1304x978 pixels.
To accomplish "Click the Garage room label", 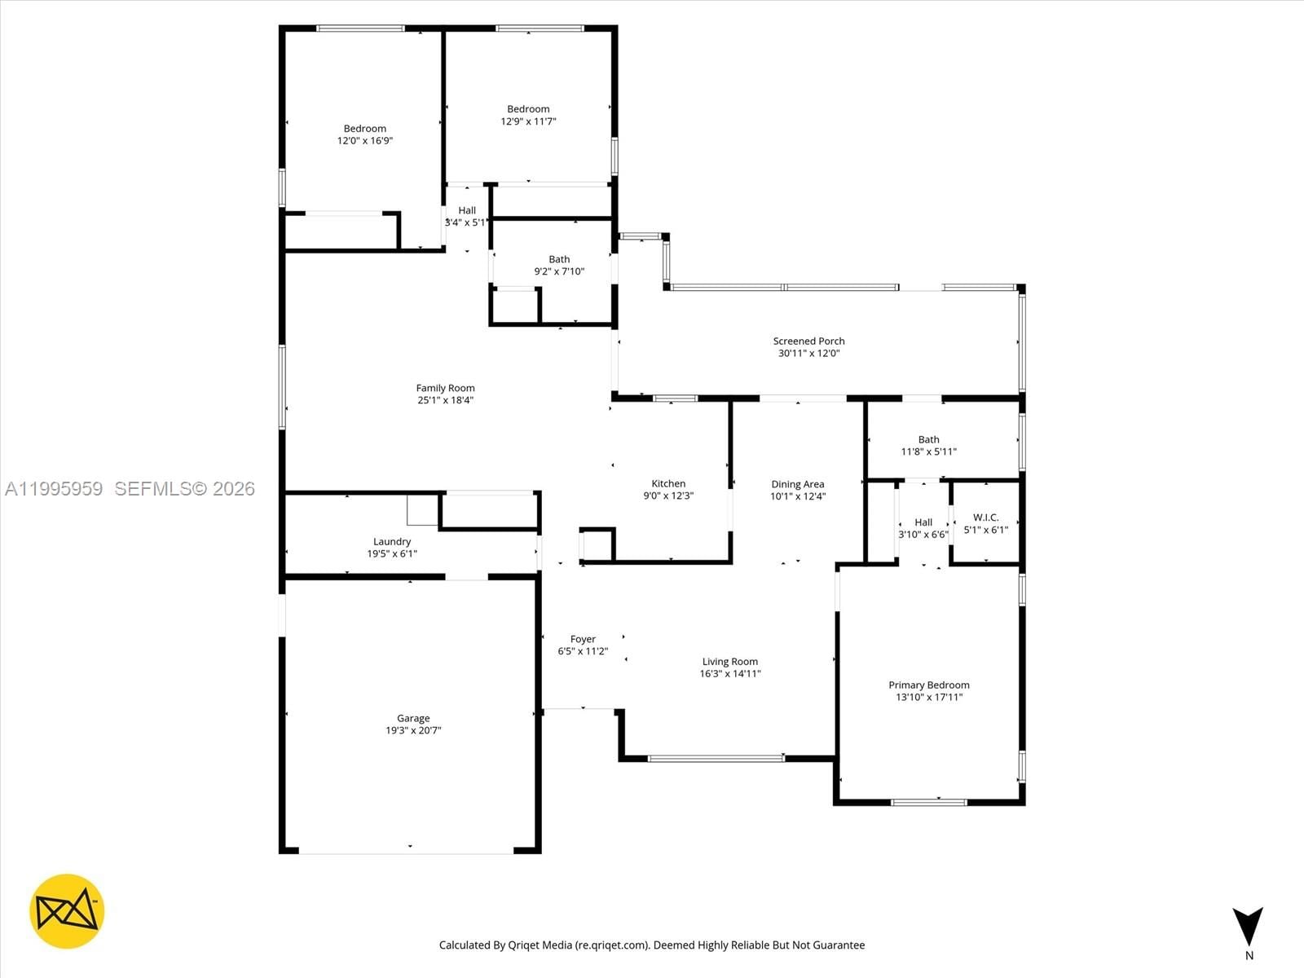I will pyautogui.click(x=413, y=719).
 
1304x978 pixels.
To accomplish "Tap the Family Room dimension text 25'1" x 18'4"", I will pyautogui.click(x=445, y=400).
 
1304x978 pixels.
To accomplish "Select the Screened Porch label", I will pyautogui.click(x=808, y=341).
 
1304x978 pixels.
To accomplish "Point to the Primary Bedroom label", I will pyautogui.click(x=928, y=685).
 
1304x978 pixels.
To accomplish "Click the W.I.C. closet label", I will pyautogui.click(x=985, y=518).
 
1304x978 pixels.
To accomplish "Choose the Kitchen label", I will pyautogui.click(x=668, y=483).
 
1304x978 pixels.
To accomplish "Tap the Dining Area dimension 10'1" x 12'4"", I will pyautogui.click(x=798, y=496).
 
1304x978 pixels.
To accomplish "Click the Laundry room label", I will pyautogui.click(x=392, y=541).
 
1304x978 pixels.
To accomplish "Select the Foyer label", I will pyautogui.click(x=583, y=639).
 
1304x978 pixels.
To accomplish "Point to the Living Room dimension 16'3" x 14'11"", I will pyautogui.click(x=730, y=674).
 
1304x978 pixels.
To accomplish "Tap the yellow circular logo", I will pyautogui.click(x=67, y=911).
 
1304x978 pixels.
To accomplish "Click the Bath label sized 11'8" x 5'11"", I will pyautogui.click(x=928, y=439).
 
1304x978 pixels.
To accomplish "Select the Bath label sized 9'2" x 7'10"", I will pyautogui.click(x=559, y=259).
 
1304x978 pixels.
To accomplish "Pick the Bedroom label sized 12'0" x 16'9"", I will pyautogui.click(x=364, y=129).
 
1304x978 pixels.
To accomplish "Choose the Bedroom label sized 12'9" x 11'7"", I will pyautogui.click(x=528, y=109).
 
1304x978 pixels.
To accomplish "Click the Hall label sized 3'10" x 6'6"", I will pyautogui.click(x=923, y=522).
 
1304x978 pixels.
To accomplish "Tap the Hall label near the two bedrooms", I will pyautogui.click(x=467, y=210).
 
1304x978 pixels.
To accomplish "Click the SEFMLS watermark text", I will pyautogui.click(x=184, y=489).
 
